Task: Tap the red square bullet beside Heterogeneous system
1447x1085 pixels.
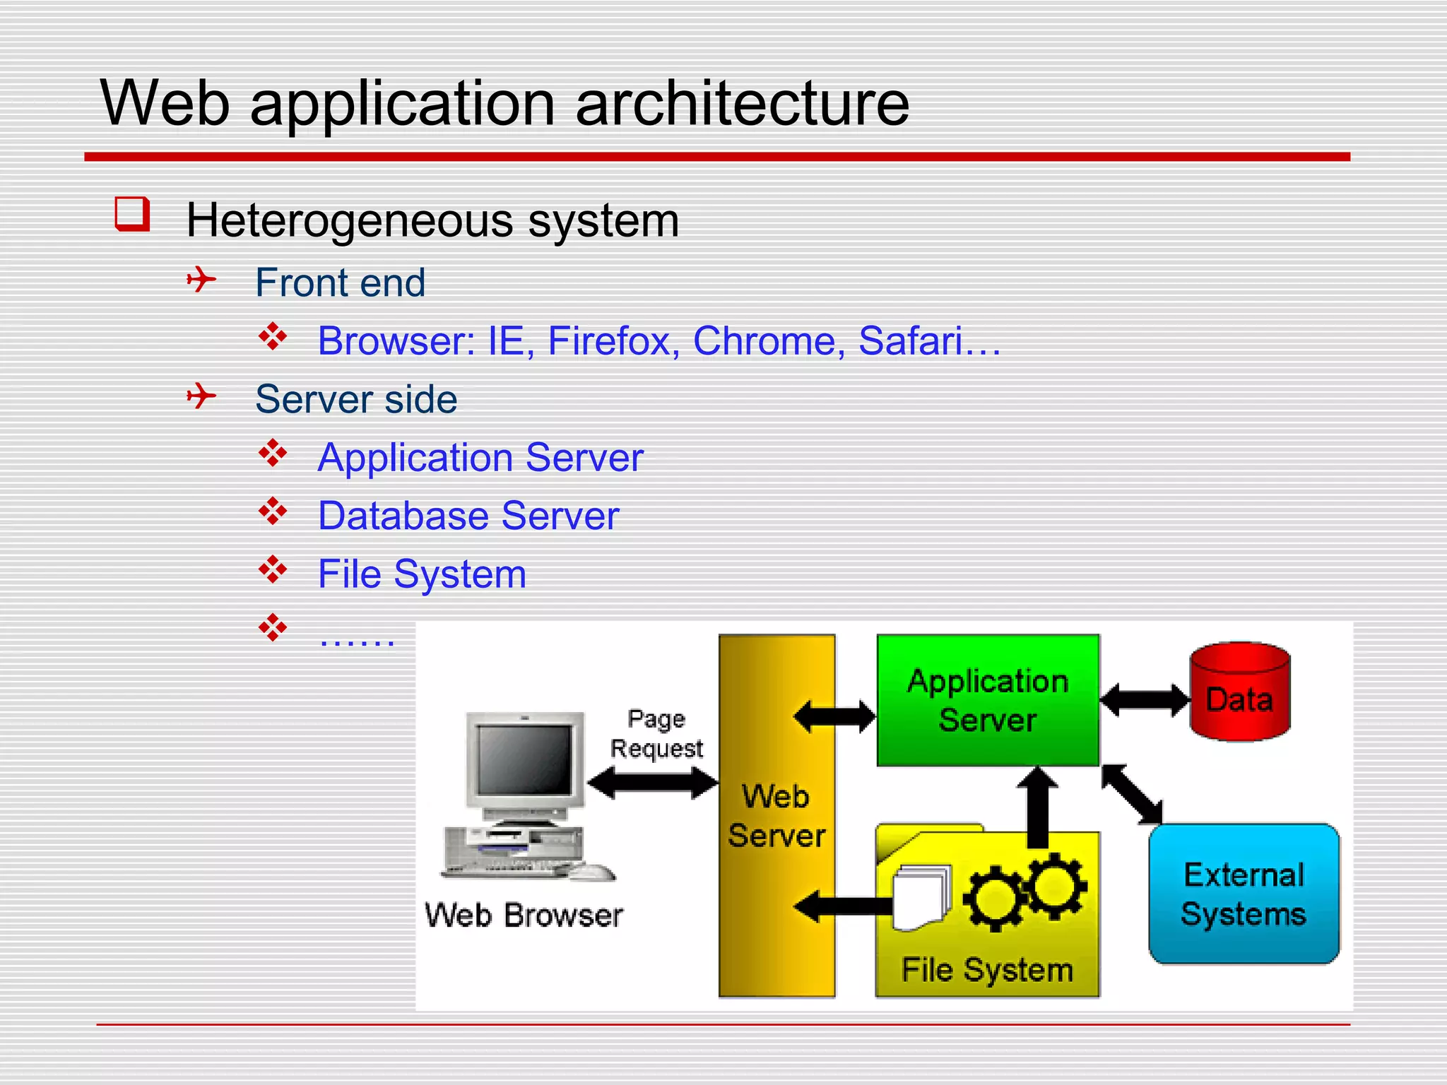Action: click(x=132, y=214)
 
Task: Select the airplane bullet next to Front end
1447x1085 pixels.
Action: click(x=201, y=280)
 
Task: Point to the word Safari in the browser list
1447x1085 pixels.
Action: click(x=910, y=341)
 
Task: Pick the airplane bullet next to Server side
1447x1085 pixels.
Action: click(x=201, y=396)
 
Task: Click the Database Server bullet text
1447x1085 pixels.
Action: click(x=468, y=516)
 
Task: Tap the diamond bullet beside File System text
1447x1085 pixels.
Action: click(x=273, y=569)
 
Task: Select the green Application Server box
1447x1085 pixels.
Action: click(x=987, y=699)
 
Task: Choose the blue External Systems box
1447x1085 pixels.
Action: click(x=1244, y=894)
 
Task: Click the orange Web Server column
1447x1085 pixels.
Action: click(x=776, y=815)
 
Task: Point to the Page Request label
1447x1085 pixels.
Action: click(x=656, y=734)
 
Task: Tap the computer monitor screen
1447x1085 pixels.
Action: click(x=524, y=760)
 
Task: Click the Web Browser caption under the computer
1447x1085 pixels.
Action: click(x=524, y=915)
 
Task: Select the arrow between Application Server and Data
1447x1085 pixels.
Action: click(x=1145, y=700)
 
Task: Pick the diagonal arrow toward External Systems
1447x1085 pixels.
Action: click(x=1132, y=795)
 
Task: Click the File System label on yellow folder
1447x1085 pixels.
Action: click(x=987, y=970)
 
